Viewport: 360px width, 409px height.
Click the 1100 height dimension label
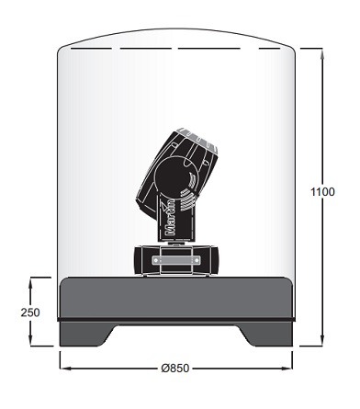[322, 192]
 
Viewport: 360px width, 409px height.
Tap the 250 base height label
[30, 312]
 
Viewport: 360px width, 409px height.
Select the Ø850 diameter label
[175, 368]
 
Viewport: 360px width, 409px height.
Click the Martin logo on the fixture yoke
[170, 217]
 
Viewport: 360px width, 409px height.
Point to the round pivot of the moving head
[172, 176]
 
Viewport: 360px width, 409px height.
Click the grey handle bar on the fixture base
[176, 260]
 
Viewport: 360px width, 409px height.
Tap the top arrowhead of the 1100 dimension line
[321, 52]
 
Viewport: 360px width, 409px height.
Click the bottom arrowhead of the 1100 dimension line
[321, 341]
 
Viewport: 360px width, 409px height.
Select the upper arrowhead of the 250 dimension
[30, 282]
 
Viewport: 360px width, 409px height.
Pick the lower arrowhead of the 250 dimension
[30, 341]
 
